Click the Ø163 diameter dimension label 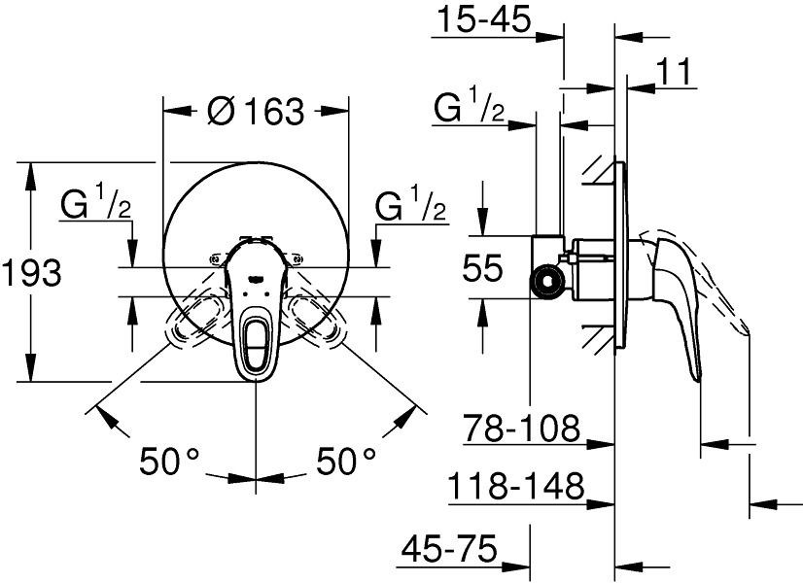click(256, 111)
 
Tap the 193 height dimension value click(32, 272)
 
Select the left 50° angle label click(169, 462)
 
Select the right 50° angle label click(346, 462)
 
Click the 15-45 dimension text click(484, 20)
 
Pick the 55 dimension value click(482, 268)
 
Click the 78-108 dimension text click(521, 428)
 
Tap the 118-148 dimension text click(515, 485)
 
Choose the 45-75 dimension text click(449, 549)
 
